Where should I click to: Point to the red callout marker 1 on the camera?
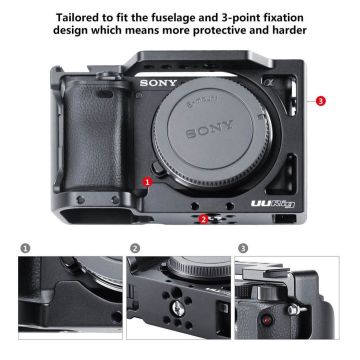tap(147, 183)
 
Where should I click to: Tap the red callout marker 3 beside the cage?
tap(319, 101)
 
